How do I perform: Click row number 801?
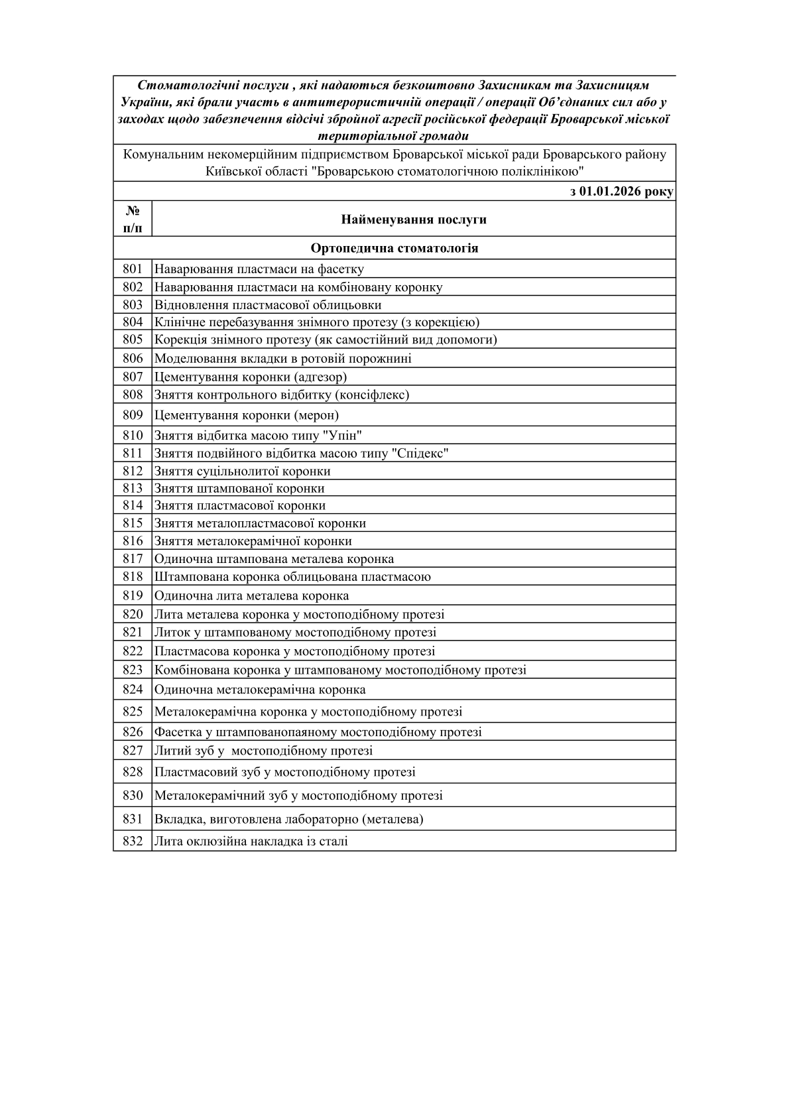pos(133,269)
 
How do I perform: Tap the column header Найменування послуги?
pos(414,219)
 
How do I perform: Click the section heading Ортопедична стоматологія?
pos(394,248)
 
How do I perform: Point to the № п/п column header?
pos(133,219)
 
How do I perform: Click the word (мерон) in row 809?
pos(316,416)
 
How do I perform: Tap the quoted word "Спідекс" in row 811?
pos(420,454)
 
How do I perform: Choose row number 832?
pos(133,841)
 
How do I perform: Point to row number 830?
pos(133,796)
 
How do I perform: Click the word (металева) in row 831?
pos(393,820)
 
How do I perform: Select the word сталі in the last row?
pos(334,841)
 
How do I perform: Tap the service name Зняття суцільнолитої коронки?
pos(242,471)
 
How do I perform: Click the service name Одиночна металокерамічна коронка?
pos(260,690)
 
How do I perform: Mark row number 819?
pos(133,595)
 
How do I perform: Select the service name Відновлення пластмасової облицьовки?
pos(268,305)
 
